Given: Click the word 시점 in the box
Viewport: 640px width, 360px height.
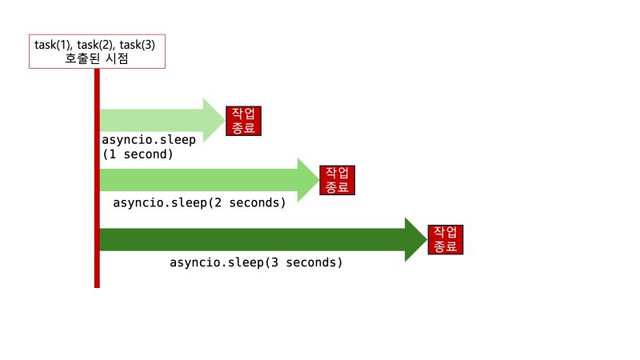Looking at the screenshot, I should (120, 58).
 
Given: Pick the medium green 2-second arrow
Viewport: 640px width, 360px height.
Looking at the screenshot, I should (200, 179).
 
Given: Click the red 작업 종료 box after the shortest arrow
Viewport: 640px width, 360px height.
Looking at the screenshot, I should (245, 120).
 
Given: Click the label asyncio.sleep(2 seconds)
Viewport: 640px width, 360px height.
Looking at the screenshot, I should (199, 202).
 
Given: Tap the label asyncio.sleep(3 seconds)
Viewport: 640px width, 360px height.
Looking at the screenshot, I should (256, 262).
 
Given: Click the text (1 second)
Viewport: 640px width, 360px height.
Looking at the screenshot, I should (138, 153).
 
